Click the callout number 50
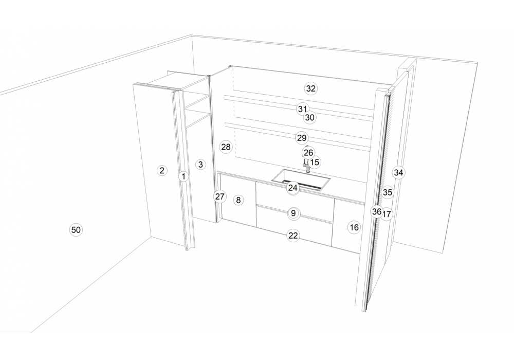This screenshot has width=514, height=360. (76, 230)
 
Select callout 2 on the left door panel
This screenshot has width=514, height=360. (161, 170)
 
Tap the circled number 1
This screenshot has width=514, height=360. (183, 176)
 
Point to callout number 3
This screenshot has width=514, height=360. (200, 164)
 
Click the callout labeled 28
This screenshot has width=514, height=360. (226, 147)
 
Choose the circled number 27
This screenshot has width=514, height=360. (220, 196)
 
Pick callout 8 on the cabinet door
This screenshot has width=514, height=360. (238, 200)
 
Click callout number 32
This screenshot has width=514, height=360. (311, 88)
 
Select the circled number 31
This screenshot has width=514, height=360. (303, 109)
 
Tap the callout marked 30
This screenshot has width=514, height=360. (309, 117)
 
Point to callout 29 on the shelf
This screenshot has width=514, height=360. (302, 138)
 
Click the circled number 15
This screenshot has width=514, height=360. (315, 162)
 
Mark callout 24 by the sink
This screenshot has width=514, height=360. (293, 188)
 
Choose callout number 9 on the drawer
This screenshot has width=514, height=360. (293, 213)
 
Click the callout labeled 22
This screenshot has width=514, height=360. (293, 236)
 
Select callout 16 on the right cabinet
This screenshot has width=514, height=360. (354, 227)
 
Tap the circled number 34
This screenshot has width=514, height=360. (398, 172)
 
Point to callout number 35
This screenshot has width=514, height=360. (388, 192)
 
